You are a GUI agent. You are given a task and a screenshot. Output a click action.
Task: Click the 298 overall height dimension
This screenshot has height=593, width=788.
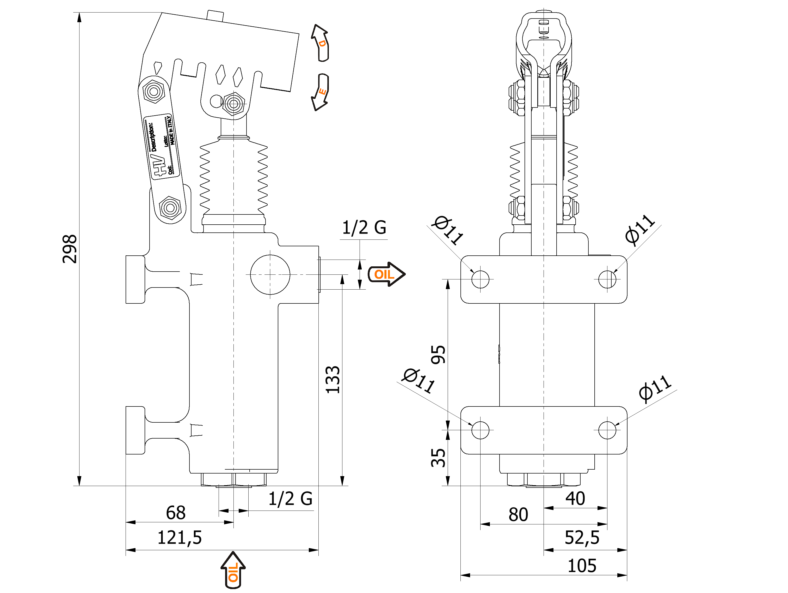point(70,249)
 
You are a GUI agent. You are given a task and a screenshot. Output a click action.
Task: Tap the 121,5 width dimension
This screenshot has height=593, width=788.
point(179,537)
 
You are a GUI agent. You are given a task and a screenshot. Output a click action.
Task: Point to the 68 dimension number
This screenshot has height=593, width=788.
point(176,513)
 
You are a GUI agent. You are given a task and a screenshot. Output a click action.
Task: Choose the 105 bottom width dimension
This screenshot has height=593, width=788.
point(581,566)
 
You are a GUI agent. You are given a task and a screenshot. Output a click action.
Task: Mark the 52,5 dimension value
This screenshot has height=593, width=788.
point(582,537)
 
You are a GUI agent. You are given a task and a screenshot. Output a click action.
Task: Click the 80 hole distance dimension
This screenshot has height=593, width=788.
point(518,514)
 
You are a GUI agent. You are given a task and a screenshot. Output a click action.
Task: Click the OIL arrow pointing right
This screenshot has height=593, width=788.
point(386,274)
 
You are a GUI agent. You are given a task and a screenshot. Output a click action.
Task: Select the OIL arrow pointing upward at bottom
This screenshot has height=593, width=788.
point(233,570)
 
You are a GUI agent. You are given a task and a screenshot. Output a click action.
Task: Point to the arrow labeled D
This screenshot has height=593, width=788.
point(321,43)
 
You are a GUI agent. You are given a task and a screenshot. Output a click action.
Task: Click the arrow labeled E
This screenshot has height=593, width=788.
point(320,92)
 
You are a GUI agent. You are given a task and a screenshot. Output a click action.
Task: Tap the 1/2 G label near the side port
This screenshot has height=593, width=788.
point(364,227)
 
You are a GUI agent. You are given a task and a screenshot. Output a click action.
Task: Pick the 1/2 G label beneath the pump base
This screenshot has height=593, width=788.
point(290,499)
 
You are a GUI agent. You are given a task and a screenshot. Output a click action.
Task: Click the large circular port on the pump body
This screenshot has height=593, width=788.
point(270,274)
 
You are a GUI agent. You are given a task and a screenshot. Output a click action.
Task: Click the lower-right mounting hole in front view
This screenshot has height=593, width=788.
point(607,430)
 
